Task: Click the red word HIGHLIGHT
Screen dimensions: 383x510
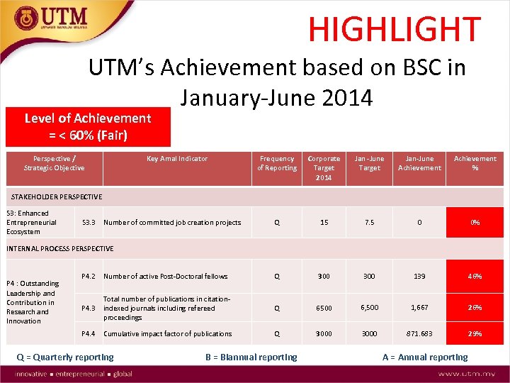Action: coord(394,29)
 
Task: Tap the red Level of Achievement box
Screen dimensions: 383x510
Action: coord(88,126)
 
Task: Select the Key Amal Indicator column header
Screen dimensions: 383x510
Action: coord(177,159)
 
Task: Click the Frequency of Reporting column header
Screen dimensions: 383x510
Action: coord(277,163)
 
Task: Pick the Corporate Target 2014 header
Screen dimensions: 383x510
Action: coord(324,167)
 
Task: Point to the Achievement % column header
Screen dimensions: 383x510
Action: coord(475,163)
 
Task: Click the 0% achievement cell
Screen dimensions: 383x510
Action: coord(475,223)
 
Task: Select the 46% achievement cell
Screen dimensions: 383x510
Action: coord(475,277)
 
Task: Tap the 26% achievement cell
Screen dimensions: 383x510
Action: coord(475,309)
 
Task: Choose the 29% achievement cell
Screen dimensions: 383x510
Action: coord(475,334)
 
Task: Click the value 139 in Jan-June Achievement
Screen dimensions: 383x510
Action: coord(419,277)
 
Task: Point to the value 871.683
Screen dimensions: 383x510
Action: coord(419,334)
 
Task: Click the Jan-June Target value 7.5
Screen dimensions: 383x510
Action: coord(369,223)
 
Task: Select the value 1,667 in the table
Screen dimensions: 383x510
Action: coord(419,309)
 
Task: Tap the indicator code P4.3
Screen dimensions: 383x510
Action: coord(89,309)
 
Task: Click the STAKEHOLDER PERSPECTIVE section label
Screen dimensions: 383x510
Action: coord(54,196)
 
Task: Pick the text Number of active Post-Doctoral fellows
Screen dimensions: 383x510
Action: coord(166,277)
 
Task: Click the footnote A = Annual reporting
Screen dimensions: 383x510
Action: coord(425,357)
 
